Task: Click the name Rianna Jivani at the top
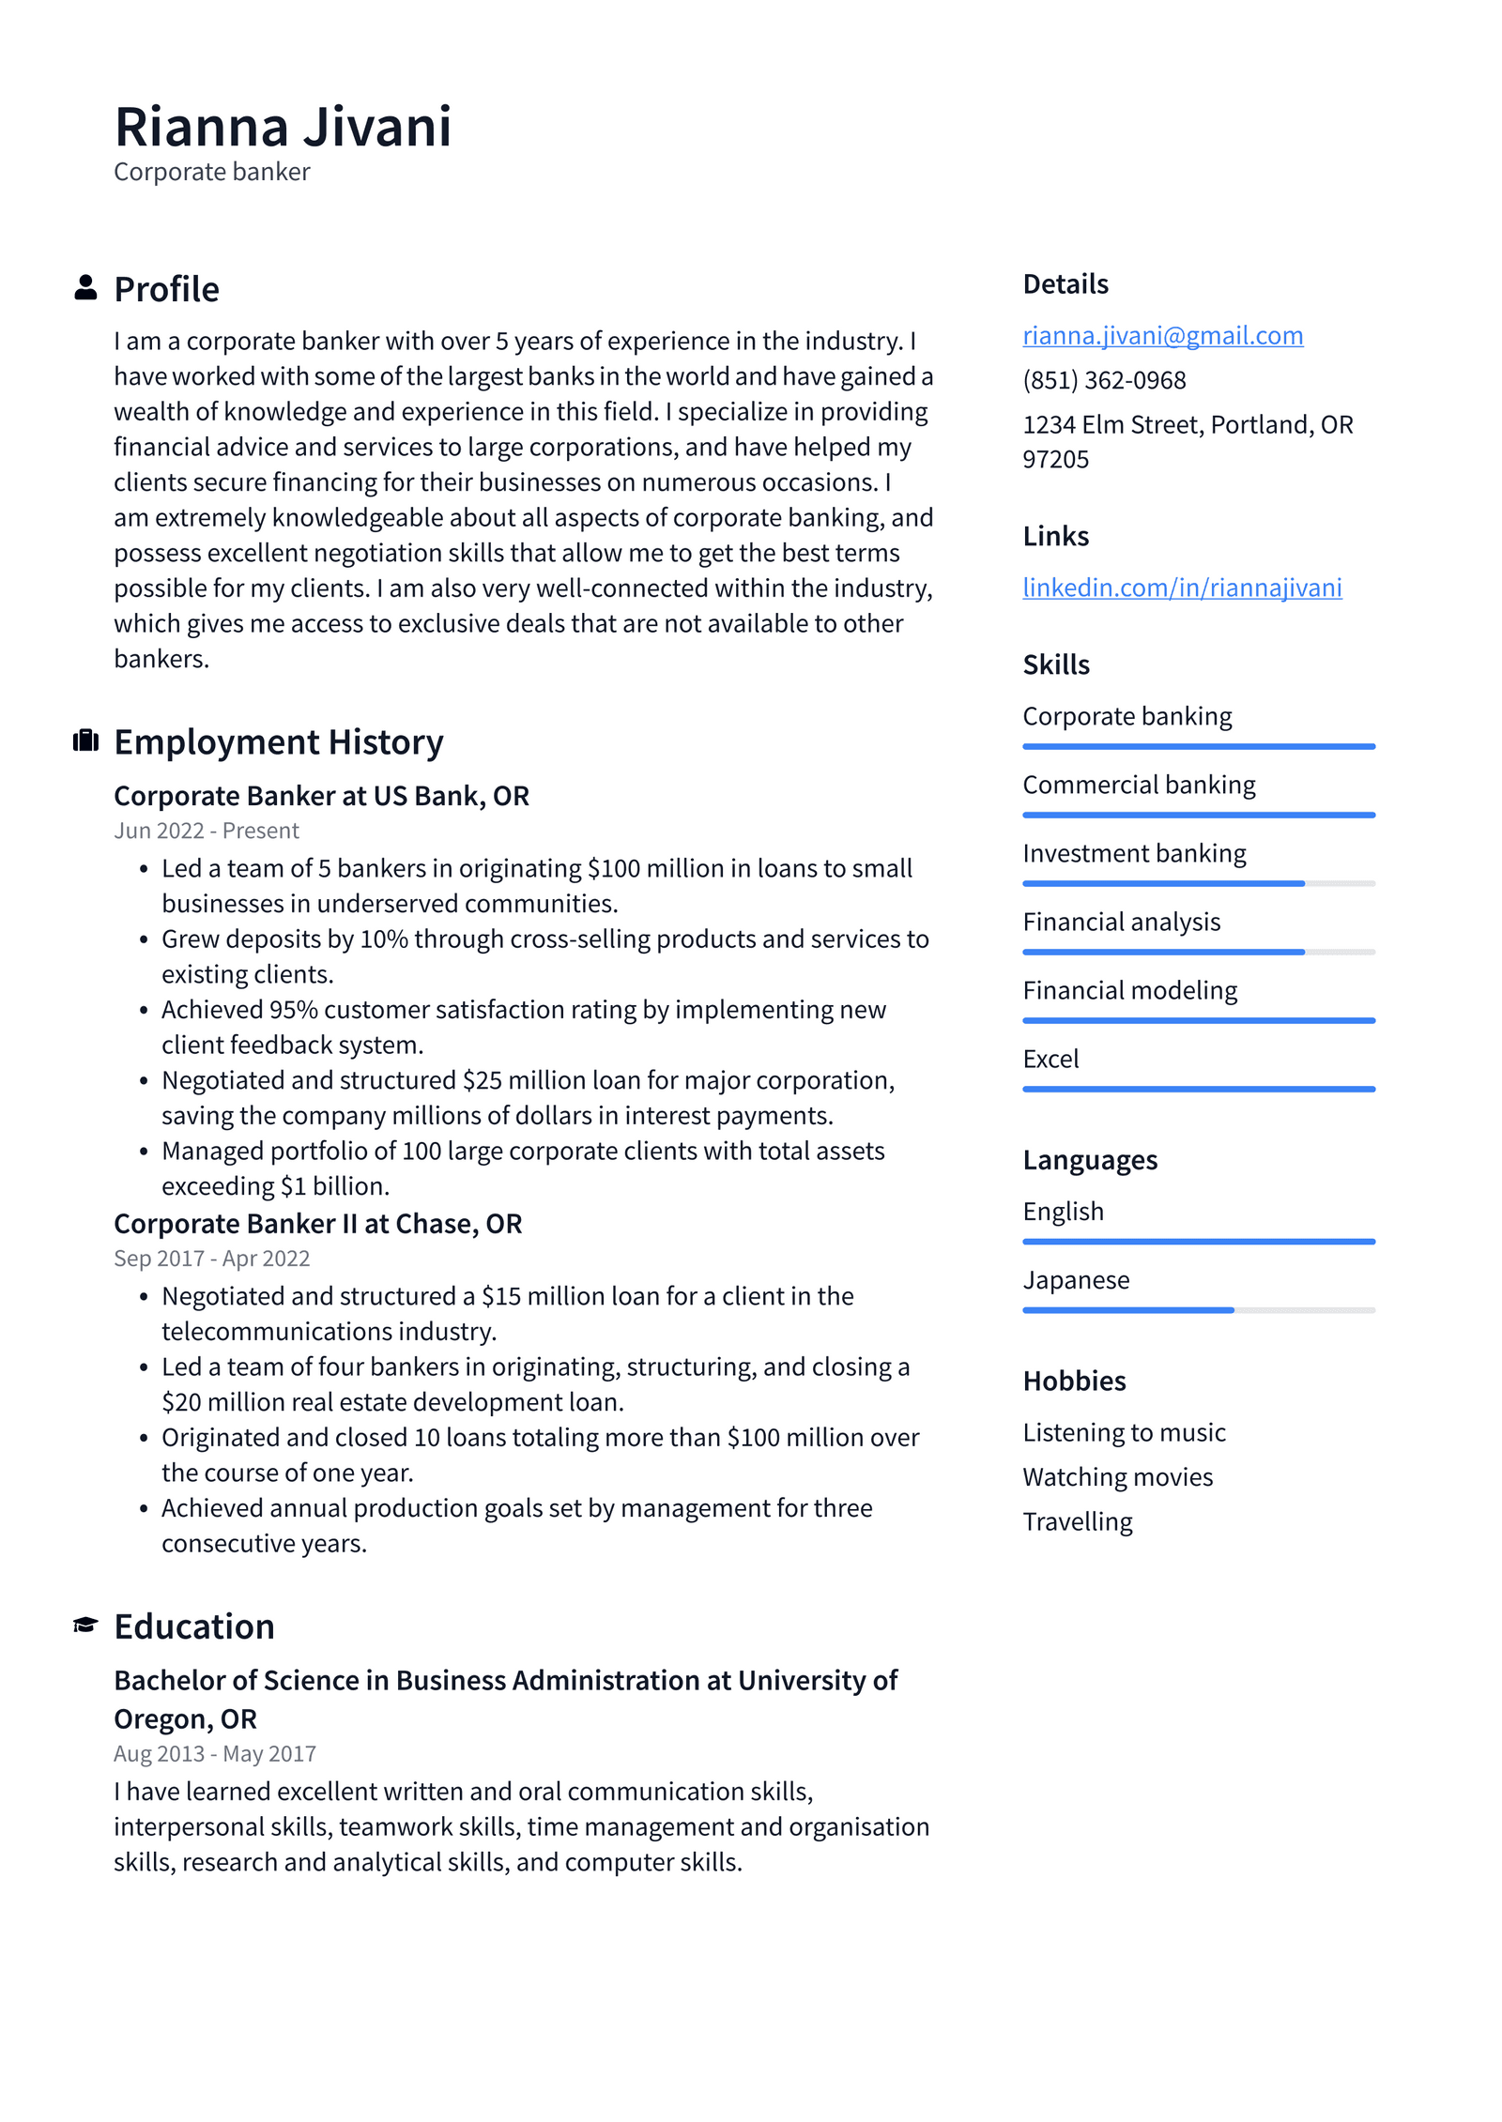283,127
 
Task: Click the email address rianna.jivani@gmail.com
1162,335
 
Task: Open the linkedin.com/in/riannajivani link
1181,588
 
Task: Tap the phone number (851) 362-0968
1104,380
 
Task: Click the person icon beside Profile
85,288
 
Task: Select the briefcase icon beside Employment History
85,740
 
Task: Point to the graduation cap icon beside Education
85,1625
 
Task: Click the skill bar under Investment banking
1198,883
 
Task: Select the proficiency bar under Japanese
1198,1310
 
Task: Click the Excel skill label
1050,1059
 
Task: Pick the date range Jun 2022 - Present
207,831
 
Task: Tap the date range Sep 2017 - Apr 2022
211,1259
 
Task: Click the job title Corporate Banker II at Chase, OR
317,1224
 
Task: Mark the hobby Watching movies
1117,1477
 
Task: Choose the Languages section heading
1090,1160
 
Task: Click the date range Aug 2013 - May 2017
215,1754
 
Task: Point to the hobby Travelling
1077,1521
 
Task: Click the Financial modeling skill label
1129,990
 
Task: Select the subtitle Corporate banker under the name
211,172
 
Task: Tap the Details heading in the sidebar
1065,283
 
